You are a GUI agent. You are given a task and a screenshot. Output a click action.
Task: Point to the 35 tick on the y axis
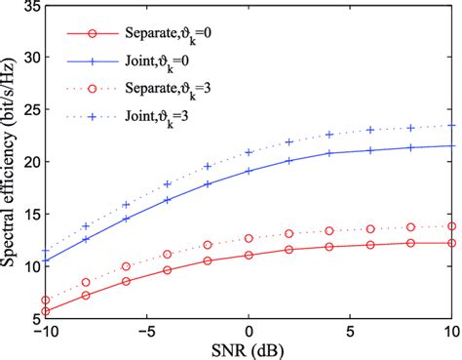pyautogui.click(x=29, y=7)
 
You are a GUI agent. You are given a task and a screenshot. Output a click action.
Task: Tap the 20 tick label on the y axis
pyautogui.click(x=29, y=162)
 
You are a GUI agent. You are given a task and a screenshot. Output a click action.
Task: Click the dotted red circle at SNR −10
pyautogui.click(x=46, y=300)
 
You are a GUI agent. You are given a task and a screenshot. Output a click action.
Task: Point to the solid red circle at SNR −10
pyautogui.click(x=46, y=311)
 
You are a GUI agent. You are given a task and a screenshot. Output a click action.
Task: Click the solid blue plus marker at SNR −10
pyautogui.click(x=46, y=260)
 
